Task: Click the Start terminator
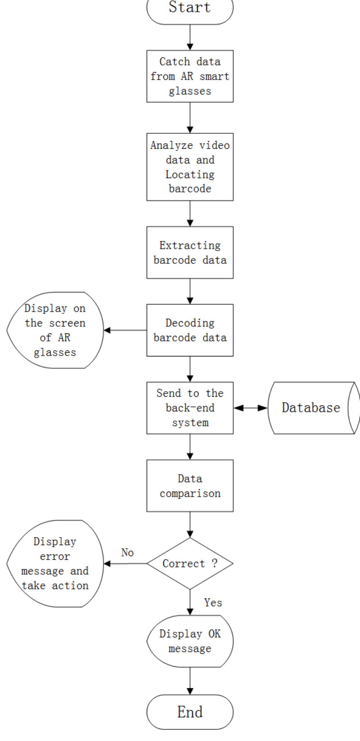coord(190,9)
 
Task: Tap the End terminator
coord(190,712)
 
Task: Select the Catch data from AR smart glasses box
coord(190,76)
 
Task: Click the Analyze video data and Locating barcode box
coord(190,167)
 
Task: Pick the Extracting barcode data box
coord(190,252)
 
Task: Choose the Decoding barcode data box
coord(190,330)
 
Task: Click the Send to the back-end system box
coord(190,408)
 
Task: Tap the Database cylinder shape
coord(311,408)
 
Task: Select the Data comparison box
coord(190,486)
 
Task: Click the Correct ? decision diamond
coord(190,563)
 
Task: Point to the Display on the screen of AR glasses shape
coord(55,330)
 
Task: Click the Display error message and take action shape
coord(55,563)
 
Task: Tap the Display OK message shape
coord(190,641)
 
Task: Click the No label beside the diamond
coord(127,552)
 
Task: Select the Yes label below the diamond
coord(213,603)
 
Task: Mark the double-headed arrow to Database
coord(251,408)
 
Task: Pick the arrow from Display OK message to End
coord(190,681)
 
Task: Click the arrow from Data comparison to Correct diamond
coord(190,525)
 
